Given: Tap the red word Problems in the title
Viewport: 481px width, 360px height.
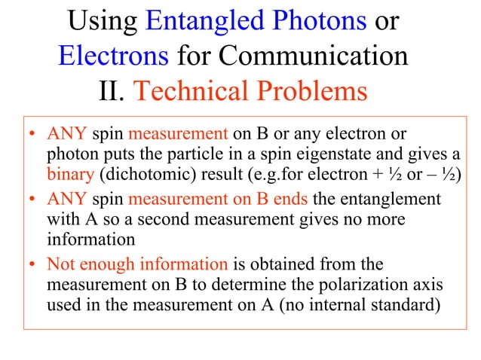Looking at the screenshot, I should tap(312, 91).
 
